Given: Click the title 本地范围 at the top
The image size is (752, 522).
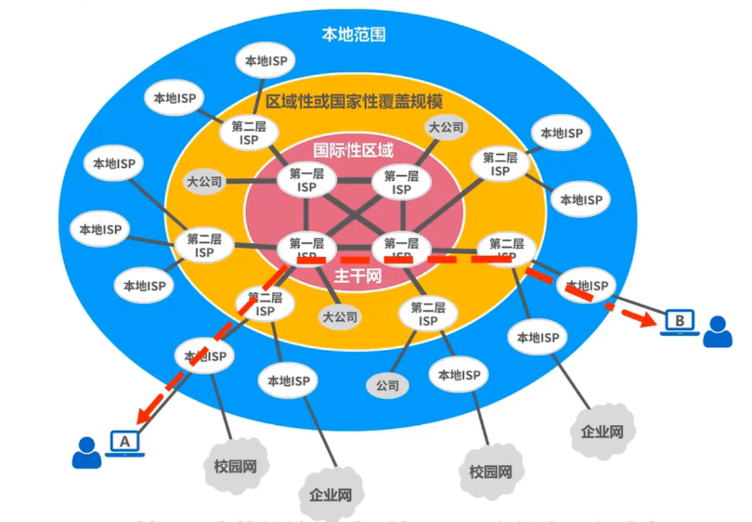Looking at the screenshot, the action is click(x=353, y=34).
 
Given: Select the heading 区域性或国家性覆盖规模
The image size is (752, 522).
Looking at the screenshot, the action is click(x=354, y=101).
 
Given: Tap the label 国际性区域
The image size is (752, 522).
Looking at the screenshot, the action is click(x=353, y=150).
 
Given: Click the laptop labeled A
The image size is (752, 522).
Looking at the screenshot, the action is click(x=125, y=442).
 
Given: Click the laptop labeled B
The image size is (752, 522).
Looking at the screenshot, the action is click(x=680, y=321).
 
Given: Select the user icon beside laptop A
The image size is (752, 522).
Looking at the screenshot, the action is click(x=87, y=452).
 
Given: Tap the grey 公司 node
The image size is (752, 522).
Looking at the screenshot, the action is click(x=388, y=386).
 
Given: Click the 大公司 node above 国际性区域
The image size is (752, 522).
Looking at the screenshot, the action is click(x=446, y=128).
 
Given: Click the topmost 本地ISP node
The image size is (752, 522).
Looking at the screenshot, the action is click(x=266, y=61).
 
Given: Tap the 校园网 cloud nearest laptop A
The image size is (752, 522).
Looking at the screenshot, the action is click(x=236, y=466).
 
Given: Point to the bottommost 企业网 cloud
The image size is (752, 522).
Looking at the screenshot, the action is click(x=331, y=495).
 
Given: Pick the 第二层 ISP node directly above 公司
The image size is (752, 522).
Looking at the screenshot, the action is click(x=428, y=314).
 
